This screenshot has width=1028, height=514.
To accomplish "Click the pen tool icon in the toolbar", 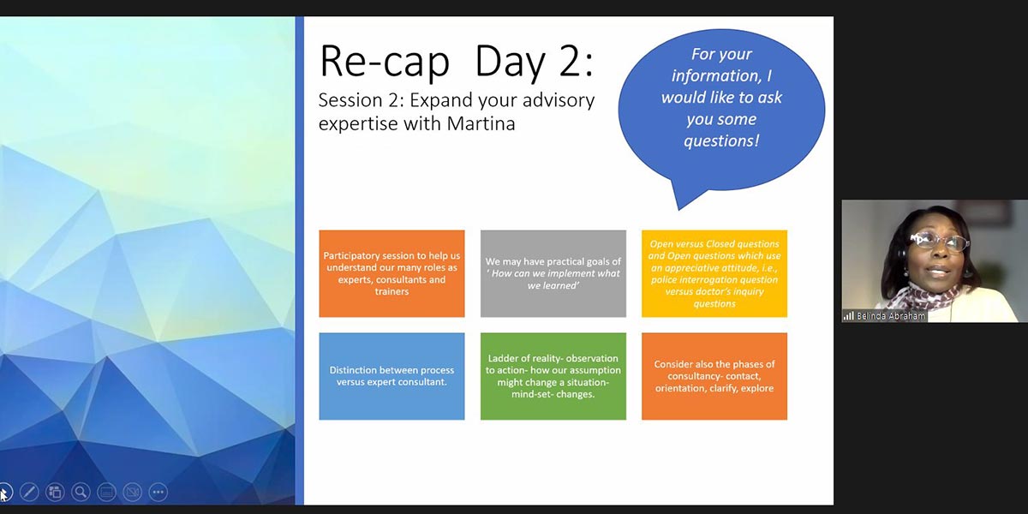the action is (x=29, y=493).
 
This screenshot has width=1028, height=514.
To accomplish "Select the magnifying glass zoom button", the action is (x=81, y=493).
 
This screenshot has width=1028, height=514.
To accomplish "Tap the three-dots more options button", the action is (x=158, y=493).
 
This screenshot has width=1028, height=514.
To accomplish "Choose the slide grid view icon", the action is (x=55, y=493).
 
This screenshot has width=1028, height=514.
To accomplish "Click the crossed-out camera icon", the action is (x=133, y=493).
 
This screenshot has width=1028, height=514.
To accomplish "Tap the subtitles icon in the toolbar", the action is (x=106, y=493).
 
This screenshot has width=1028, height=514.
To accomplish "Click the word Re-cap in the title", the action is (x=385, y=62).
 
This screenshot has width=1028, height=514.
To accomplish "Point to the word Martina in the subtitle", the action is (x=481, y=123).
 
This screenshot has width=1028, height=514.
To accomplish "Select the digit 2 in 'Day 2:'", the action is (x=569, y=61).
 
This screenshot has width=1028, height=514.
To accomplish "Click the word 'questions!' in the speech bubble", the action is (x=721, y=140).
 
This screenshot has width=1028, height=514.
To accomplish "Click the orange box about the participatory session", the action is (x=392, y=273).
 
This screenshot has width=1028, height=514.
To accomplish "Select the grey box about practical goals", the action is (x=553, y=273).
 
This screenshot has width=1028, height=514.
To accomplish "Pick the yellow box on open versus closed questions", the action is (x=714, y=273).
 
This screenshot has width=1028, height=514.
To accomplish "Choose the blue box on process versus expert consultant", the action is (x=392, y=376).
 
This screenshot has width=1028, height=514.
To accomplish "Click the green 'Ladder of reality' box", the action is (x=553, y=376).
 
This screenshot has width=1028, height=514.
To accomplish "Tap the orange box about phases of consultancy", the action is (x=714, y=376).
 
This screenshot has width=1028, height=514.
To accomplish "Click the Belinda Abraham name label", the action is (x=891, y=316).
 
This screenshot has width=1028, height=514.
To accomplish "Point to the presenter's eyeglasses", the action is (x=939, y=242).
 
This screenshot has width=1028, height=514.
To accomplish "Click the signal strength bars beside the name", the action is (x=849, y=316).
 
